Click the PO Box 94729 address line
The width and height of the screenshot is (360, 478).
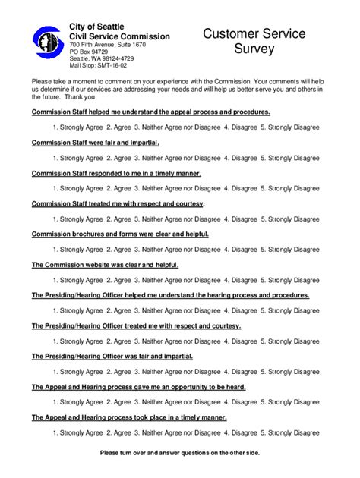tap(90, 52)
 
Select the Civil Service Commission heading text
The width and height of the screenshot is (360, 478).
tap(119, 36)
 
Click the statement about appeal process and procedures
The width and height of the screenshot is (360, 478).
tap(150, 112)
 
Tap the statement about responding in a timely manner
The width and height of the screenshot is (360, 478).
tap(115, 173)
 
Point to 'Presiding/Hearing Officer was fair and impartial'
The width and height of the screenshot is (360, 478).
tap(112, 356)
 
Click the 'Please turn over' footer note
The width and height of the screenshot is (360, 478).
tap(179, 453)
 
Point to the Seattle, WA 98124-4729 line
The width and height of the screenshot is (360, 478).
tap(103, 58)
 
